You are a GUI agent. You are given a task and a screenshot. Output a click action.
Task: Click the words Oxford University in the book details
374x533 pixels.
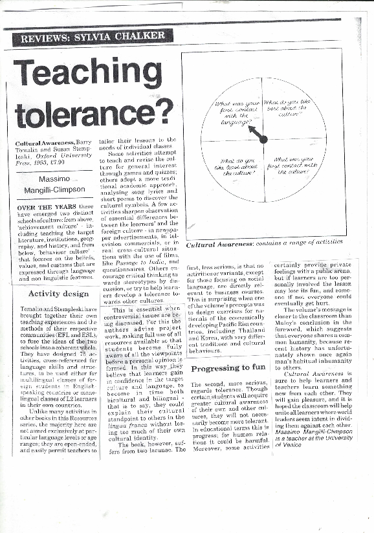click(x=69, y=155)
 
